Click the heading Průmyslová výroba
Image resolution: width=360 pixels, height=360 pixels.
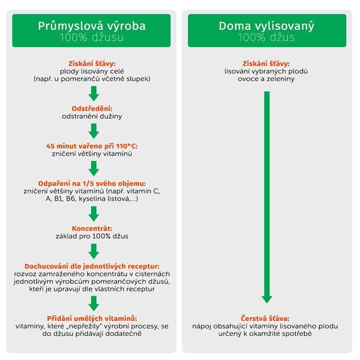92,25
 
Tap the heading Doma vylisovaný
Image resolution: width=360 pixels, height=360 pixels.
266,25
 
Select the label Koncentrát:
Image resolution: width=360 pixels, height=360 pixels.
92,228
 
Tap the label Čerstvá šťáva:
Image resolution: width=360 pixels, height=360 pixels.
267,318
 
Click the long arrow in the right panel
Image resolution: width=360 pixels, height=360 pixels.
267,197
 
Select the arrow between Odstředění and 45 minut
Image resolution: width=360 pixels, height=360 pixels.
93,130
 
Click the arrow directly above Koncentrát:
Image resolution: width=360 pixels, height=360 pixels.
93,213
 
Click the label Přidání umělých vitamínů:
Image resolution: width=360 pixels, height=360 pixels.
92,318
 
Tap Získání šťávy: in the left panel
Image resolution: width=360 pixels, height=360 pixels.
92,63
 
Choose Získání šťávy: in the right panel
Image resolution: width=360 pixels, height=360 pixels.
267,63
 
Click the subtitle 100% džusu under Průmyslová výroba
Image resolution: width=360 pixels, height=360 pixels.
92,38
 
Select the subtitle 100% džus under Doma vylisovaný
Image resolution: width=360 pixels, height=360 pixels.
266,38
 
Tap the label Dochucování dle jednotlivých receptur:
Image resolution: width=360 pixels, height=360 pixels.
92,265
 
